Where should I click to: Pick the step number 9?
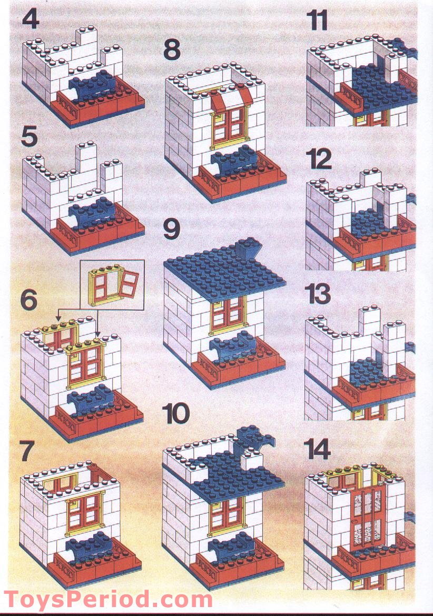tap(171, 230)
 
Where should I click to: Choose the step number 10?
tap(176, 414)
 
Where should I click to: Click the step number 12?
tap(319, 160)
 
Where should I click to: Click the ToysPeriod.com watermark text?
tap(107, 600)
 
